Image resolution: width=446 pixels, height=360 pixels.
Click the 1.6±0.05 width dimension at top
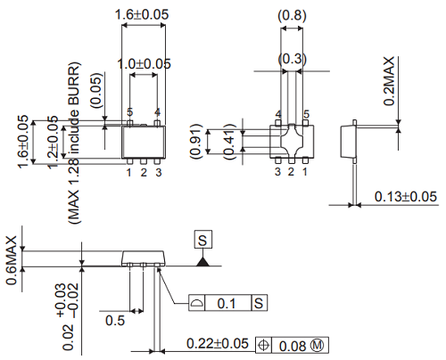pyautogui.click(x=144, y=15)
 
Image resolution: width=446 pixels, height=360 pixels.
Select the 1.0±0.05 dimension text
pyautogui.click(x=144, y=63)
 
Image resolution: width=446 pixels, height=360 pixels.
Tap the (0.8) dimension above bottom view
pyautogui.click(x=293, y=15)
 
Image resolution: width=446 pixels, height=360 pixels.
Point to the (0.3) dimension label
pyautogui.click(x=293, y=59)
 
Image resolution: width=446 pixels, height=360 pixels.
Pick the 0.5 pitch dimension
pyautogui.click(x=115, y=320)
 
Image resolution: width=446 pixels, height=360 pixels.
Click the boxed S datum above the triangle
pyautogui.click(x=204, y=240)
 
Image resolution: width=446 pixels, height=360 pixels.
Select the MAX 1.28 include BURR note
pyautogui.click(x=77, y=143)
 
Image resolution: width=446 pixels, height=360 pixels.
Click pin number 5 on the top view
pyautogui.click(x=129, y=112)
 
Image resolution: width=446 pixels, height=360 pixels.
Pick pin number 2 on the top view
pyautogui.click(x=144, y=171)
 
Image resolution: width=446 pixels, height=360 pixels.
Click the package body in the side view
pyautogui.click(x=144, y=258)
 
